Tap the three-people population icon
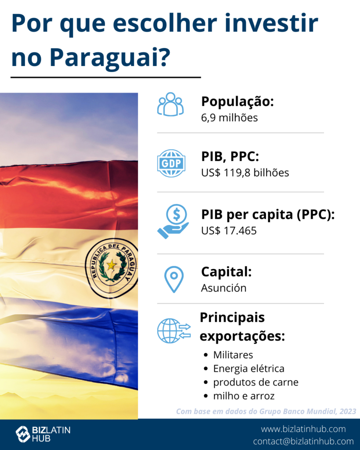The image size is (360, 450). (x=171, y=104)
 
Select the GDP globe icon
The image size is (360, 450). (x=171, y=163)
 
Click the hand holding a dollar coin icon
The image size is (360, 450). (x=173, y=221)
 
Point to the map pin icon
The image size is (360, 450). (x=174, y=279)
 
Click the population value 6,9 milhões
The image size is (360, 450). (x=229, y=118)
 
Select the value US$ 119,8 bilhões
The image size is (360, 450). (x=245, y=173)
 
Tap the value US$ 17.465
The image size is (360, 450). (x=229, y=231)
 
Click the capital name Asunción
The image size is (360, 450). (x=224, y=288)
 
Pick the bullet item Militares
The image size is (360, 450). (x=233, y=355)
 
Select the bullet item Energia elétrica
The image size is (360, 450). (x=249, y=369)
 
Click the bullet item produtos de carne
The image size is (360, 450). (x=256, y=382)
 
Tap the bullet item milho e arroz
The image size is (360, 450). (x=244, y=396)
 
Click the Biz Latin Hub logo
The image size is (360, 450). (x=43, y=434)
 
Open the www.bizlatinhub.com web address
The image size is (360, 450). (x=303, y=429)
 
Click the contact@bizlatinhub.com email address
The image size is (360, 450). (x=303, y=441)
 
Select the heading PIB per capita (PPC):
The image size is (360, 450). (x=268, y=214)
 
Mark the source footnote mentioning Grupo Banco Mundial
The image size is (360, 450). (x=266, y=411)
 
